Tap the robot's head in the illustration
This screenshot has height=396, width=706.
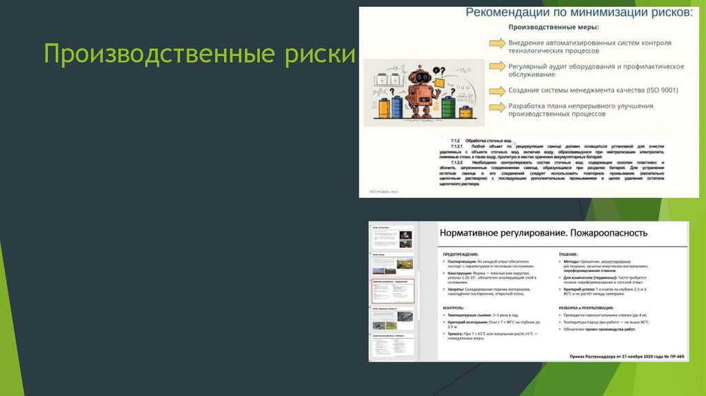419,77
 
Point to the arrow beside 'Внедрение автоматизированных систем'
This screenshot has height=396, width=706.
497,43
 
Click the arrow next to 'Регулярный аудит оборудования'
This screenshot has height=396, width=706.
497,66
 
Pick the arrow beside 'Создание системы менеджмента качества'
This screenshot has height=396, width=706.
497,90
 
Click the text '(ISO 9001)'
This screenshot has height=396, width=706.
659,90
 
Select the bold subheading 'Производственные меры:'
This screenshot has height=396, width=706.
554,28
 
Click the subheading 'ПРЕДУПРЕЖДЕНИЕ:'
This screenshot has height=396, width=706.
461,254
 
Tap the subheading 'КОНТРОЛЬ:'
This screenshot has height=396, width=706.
454,307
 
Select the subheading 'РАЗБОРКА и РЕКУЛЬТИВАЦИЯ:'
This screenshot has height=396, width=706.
586,307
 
